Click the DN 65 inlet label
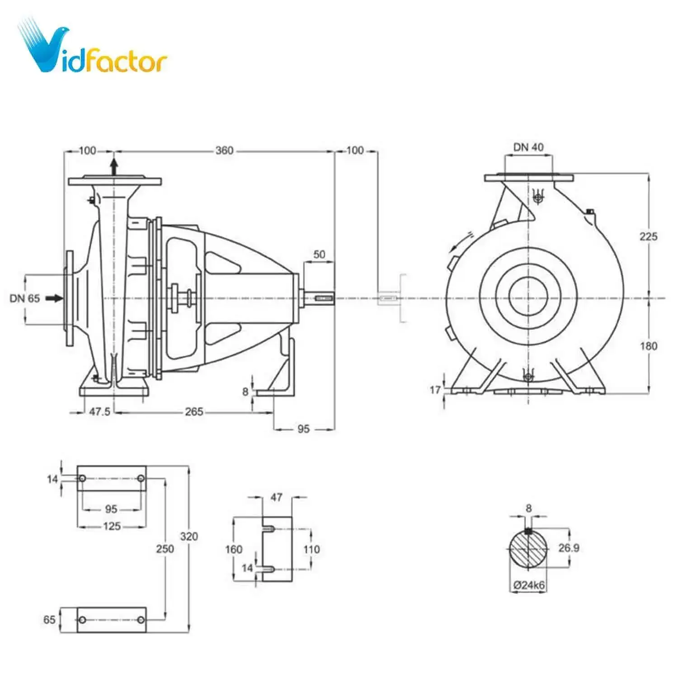click(x=25, y=298)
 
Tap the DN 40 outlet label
click(x=528, y=147)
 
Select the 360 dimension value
click(x=224, y=151)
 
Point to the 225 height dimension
click(x=648, y=236)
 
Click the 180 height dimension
click(x=648, y=346)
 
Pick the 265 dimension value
click(x=194, y=412)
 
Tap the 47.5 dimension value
click(x=99, y=412)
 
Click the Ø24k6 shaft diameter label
click(x=529, y=585)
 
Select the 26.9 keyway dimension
click(x=569, y=548)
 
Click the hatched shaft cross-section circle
click(x=528, y=549)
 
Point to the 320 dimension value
click(x=189, y=537)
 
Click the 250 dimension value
click(x=165, y=549)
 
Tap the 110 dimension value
click(x=311, y=549)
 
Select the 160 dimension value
click(x=234, y=549)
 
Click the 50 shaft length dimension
click(x=319, y=254)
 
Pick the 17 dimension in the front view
click(x=435, y=390)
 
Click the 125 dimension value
click(x=112, y=526)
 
